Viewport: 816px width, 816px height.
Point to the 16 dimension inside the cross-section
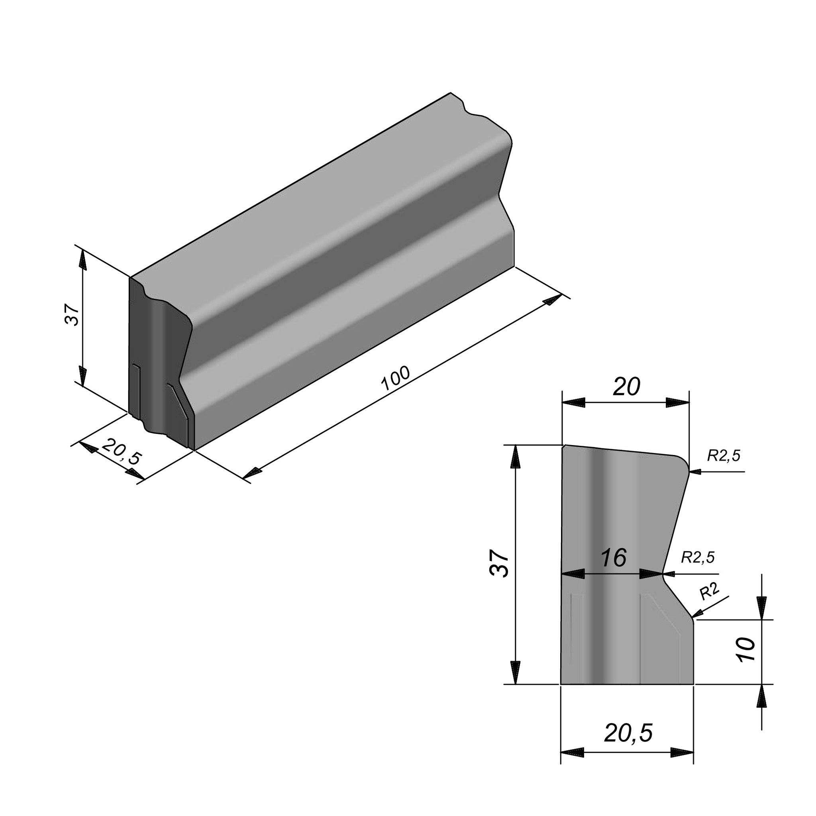[614, 558]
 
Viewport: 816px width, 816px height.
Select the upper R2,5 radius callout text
[724, 455]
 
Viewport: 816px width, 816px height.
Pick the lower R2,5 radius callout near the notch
[698, 557]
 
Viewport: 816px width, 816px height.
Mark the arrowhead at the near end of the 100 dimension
[252, 473]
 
